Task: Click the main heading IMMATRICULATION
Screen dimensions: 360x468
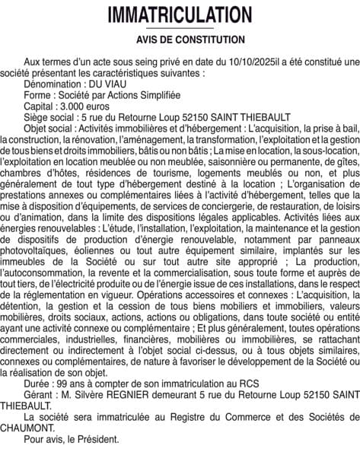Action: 180,15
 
